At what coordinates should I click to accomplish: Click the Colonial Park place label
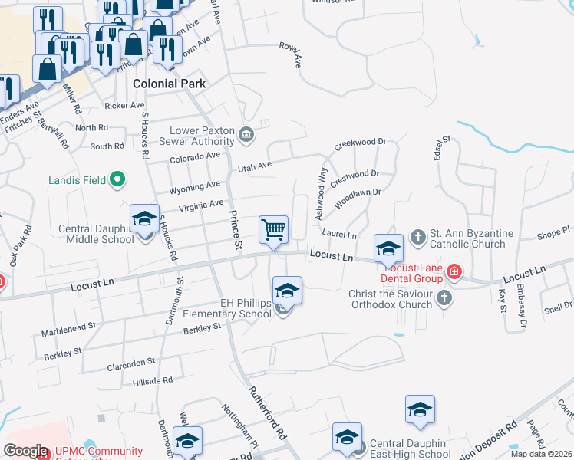click(168, 83)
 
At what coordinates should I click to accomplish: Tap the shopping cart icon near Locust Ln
click(273, 229)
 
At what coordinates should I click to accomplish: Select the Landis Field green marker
click(117, 180)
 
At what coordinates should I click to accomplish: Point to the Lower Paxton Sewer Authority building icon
click(246, 136)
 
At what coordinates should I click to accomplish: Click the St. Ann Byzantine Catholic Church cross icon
click(417, 236)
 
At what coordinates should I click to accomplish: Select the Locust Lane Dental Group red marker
click(454, 271)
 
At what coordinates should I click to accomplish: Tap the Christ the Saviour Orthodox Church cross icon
click(444, 296)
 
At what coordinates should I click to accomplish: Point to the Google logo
click(25, 451)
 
